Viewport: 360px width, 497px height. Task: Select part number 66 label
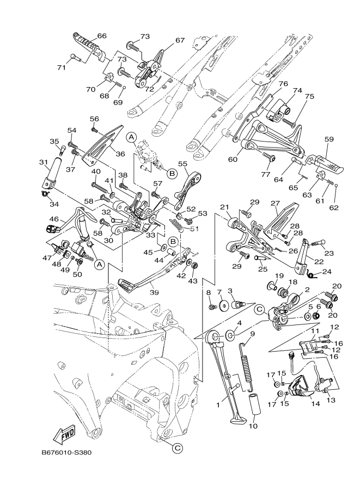tap(102, 36)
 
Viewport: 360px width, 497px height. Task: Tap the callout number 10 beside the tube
tap(252, 426)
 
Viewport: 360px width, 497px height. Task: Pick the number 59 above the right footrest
tap(328, 139)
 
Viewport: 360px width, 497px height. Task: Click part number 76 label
tap(283, 84)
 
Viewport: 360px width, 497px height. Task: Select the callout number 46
tap(54, 219)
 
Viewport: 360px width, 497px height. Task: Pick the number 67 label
tap(180, 40)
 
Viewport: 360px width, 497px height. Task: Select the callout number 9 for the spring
tap(252, 333)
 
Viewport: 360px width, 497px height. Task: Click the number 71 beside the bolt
tap(61, 68)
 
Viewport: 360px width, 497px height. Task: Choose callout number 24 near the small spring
tap(327, 272)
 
